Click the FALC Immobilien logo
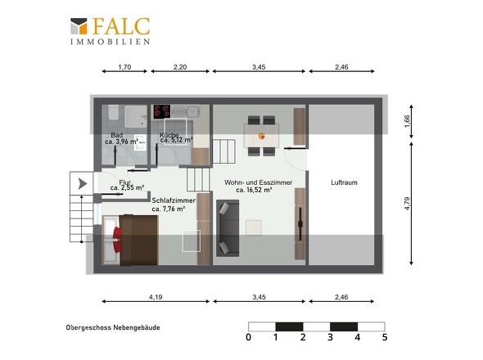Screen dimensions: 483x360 (110, 31)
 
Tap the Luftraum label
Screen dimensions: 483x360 (344, 182)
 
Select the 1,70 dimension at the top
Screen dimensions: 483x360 (124, 67)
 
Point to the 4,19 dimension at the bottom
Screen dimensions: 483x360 (156, 297)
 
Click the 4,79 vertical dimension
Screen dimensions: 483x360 (407, 204)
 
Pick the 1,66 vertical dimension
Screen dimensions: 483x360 (407, 121)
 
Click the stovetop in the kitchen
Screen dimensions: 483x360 (162, 112)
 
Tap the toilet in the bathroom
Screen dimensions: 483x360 (113, 112)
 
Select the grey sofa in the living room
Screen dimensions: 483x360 (228, 228)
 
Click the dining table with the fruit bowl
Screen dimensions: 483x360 (261, 136)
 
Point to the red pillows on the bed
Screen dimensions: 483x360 (118, 240)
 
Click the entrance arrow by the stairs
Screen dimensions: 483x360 (82, 183)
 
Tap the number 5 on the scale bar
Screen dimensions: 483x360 (385, 337)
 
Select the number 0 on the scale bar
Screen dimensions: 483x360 (248, 337)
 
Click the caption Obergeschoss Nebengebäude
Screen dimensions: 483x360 (113, 327)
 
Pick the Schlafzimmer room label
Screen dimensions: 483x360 (174, 200)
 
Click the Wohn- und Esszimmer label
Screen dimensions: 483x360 (259, 182)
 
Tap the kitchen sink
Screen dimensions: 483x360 (193, 111)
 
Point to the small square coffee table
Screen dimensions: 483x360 (254, 227)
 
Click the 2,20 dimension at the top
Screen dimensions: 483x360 (180, 67)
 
